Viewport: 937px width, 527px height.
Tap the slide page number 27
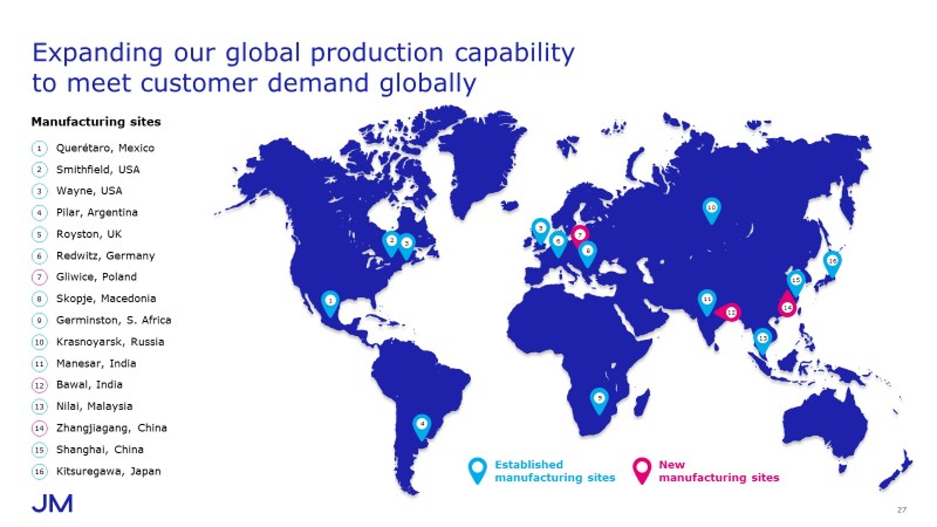901,510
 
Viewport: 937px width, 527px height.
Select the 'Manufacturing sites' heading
96,122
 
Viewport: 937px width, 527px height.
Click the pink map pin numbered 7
579,236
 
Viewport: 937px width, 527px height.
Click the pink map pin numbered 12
728,313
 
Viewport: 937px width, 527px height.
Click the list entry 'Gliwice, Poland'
96,277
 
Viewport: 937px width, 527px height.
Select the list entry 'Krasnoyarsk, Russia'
110,342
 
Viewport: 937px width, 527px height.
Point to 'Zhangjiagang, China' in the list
112,428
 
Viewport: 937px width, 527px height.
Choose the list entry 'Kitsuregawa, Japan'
109,471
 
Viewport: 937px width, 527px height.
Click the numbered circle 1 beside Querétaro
39,149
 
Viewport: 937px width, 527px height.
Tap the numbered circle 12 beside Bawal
39,386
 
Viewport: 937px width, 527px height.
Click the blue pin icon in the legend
477,471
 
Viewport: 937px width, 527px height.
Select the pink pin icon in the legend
642,471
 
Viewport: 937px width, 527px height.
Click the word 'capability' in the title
514,54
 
